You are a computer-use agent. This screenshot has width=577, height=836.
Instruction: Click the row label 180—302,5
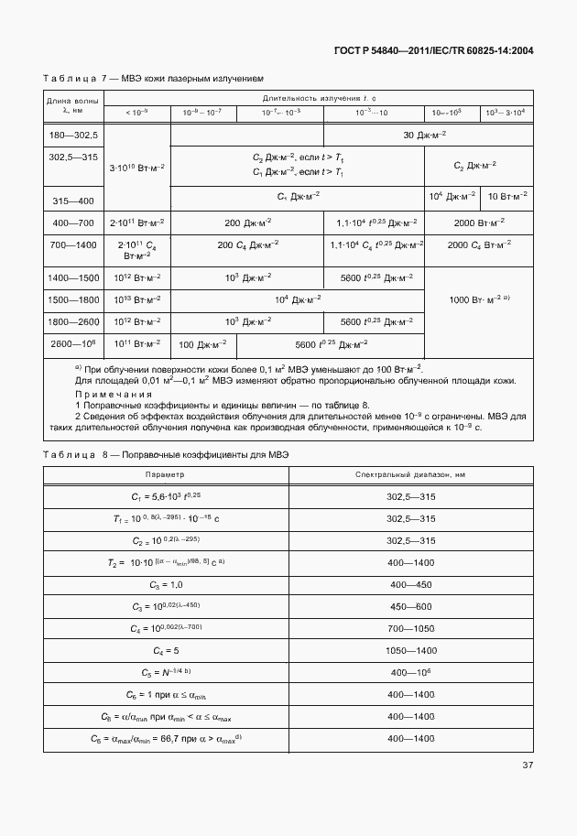[72, 135]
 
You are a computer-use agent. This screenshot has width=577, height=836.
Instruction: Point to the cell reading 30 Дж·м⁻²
[424, 135]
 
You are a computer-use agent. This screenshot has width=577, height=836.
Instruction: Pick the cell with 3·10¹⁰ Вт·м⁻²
[137, 168]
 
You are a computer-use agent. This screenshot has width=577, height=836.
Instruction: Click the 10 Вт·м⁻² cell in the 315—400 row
[506, 196]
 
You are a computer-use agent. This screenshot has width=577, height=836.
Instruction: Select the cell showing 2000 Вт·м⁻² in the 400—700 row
[476, 223]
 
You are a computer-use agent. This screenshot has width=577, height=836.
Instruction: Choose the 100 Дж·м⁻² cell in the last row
[202, 344]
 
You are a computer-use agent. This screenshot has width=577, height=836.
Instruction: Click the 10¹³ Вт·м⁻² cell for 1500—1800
[137, 299]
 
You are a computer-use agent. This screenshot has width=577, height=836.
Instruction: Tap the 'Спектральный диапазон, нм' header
[410, 474]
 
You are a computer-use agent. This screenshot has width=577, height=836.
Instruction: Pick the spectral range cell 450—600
[410, 605]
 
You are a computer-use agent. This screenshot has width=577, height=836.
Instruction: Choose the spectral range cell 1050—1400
[410, 650]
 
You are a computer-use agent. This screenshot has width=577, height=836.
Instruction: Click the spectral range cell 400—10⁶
[410, 672]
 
